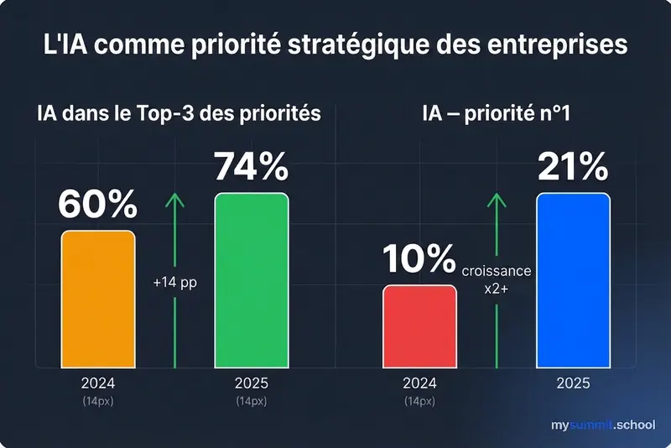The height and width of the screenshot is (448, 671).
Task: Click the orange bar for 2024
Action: [x=97, y=299]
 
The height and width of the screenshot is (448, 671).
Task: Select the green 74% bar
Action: [x=252, y=280]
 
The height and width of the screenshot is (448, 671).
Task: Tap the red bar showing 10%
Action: [x=419, y=326]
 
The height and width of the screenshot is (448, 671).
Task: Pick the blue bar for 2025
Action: [x=573, y=280]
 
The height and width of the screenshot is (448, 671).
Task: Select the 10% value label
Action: [x=419, y=261]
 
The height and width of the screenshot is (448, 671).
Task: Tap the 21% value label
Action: [x=573, y=169]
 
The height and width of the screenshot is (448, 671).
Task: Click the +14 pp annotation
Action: [x=174, y=283]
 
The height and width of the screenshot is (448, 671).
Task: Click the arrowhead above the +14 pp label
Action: [x=174, y=200]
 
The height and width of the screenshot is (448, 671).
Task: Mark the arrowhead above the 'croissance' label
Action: [x=497, y=200]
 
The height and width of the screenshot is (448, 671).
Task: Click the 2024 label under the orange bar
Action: [x=98, y=383]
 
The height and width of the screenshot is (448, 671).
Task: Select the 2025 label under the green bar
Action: [x=252, y=383]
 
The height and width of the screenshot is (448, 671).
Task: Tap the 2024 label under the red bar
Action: [x=419, y=383]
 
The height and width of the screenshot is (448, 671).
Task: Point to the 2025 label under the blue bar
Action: [x=573, y=383]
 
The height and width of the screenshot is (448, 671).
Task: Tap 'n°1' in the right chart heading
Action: [x=550, y=113]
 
